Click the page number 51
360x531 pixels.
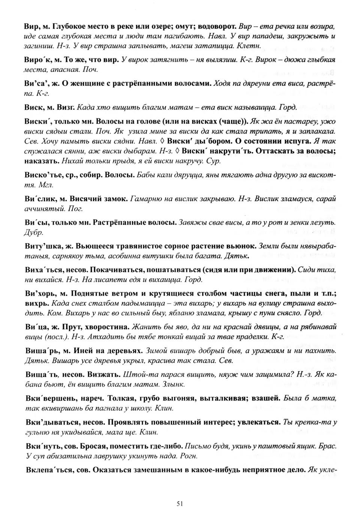tap(180, 504)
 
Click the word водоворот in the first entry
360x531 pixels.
tap(216, 27)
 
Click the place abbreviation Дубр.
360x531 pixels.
tap(34, 232)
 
